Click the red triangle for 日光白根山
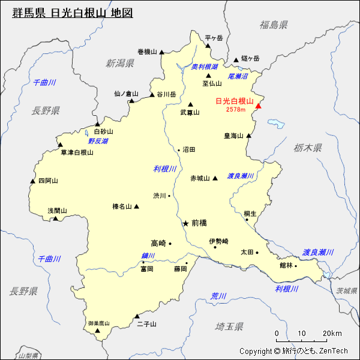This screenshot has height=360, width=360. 259,106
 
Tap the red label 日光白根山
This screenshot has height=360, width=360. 235,101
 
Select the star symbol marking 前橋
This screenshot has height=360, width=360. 185,223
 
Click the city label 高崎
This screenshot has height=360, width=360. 158,243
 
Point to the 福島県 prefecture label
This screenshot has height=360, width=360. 274,25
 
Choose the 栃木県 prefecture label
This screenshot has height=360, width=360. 308,147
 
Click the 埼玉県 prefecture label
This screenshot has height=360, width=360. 229,326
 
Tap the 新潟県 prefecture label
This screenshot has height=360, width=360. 120,63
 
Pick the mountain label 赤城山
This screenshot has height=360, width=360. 200,178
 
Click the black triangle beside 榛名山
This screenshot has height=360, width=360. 136,206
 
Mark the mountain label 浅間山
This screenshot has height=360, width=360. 58,211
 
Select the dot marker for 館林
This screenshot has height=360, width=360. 296,265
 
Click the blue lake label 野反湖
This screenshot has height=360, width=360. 98,141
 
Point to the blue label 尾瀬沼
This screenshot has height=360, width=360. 238,76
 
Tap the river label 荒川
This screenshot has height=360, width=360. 218,296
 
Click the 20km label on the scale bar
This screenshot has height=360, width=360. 331,334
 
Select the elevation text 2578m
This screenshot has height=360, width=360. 236,110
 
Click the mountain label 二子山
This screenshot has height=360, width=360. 146,324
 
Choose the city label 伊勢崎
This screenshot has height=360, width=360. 219,241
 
